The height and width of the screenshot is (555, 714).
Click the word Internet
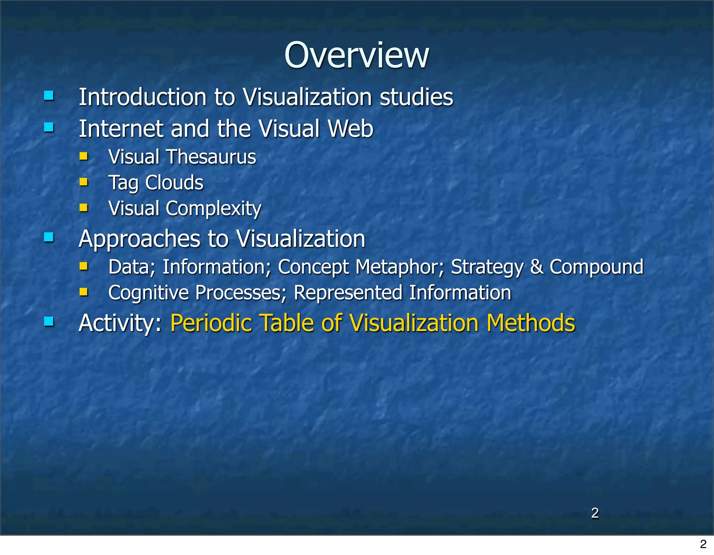point(121,129)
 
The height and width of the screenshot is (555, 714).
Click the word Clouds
point(174,183)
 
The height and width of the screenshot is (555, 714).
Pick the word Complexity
point(213,209)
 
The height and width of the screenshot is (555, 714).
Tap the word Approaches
point(139,239)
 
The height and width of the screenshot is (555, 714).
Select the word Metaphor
point(400,267)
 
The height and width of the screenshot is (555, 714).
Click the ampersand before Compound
point(536,267)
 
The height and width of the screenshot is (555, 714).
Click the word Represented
point(348,293)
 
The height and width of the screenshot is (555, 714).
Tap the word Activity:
point(120,323)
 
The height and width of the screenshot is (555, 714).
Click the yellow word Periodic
point(211,323)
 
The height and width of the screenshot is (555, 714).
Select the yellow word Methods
point(531,323)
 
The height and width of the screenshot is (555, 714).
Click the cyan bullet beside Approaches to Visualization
point(49,238)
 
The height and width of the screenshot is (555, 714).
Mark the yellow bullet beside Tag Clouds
point(83,182)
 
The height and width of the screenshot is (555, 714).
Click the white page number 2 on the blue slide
point(595,513)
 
